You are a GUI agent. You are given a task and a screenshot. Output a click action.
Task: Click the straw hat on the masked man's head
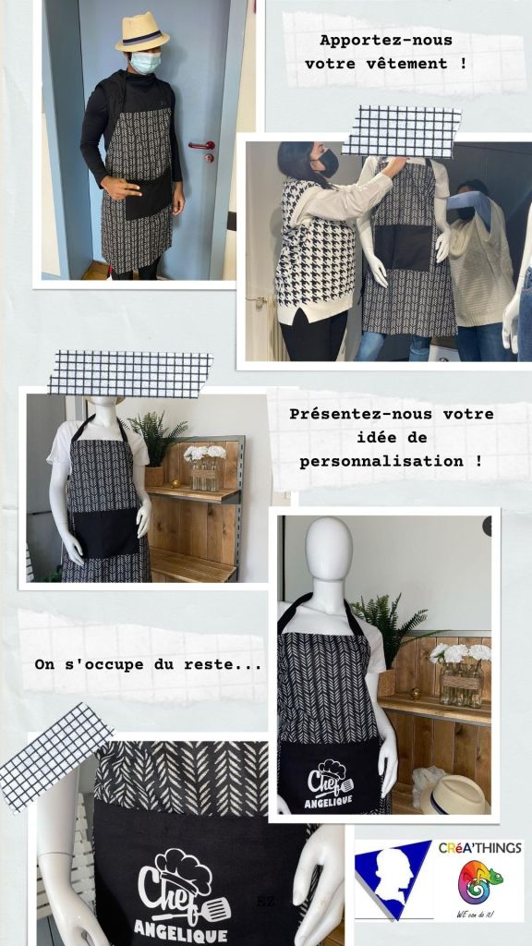(x=142, y=32)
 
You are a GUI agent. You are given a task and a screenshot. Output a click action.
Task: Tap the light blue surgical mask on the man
(x=145, y=62)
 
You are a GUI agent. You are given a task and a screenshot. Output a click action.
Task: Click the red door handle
(x=202, y=145)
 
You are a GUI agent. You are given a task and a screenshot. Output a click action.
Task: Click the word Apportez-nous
(x=386, y=41)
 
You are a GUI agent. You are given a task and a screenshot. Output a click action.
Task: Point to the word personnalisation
(x=381, y=462)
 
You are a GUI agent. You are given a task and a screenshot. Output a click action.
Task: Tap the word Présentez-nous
(x=361, y=415)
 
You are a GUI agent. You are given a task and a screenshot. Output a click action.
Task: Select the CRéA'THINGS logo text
(x=479, y=848)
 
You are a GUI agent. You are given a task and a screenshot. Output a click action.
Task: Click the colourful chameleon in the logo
(x=479, y=882)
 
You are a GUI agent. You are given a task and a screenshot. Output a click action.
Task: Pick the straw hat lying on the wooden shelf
(x=454, y=794)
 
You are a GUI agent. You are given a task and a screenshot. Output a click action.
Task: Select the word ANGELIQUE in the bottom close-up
(x=181, y=931)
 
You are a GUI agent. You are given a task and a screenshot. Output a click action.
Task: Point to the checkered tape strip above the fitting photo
(x=403, y=131)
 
